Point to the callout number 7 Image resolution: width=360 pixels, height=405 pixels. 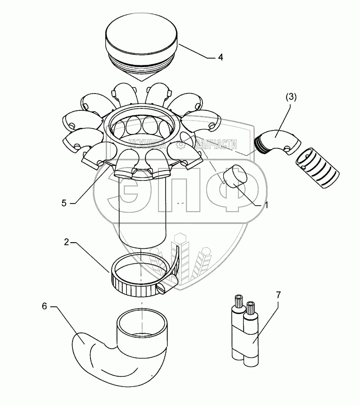278,296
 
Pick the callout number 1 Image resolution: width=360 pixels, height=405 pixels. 266,205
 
